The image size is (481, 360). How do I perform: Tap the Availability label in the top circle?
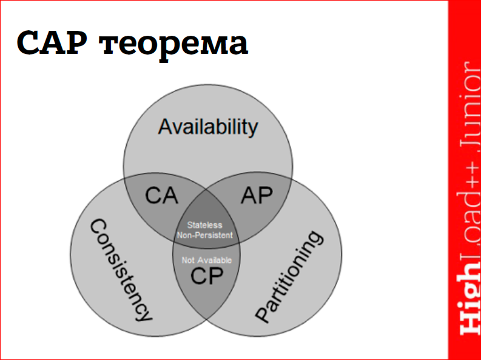[x=207, y=127]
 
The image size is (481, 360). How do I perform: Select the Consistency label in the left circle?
[x=120, y=270]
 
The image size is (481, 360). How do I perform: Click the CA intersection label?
[x=162, y=196]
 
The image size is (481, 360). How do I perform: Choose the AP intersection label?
[x=257, y=195]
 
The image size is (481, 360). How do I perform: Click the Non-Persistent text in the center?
[x=205, y=235]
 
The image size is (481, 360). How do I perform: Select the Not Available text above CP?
[x=206, y=261]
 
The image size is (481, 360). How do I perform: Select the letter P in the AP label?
[x=265, y=195]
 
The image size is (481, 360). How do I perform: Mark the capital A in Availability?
[x=166, y=127]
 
